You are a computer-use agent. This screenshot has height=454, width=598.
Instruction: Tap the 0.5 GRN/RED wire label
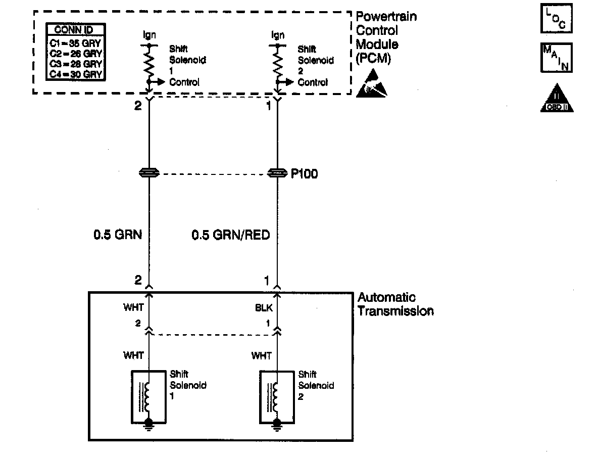230,235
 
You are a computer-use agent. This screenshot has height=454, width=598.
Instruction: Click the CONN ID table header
76,30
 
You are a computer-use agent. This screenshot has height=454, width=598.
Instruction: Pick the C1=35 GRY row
76,43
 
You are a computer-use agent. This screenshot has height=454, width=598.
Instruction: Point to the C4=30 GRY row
76,74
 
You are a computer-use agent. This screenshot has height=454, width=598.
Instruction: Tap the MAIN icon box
556,58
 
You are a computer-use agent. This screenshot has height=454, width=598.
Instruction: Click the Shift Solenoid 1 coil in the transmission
148,397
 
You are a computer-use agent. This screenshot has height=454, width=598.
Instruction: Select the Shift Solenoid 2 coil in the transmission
276,397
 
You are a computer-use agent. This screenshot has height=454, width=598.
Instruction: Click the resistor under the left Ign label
149,64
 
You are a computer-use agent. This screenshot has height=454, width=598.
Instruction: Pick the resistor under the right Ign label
277,64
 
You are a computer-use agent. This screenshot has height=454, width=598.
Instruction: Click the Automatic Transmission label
395,304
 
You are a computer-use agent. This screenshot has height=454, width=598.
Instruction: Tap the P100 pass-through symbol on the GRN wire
148,174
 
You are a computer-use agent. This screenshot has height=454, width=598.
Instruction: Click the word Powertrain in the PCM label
387,17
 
